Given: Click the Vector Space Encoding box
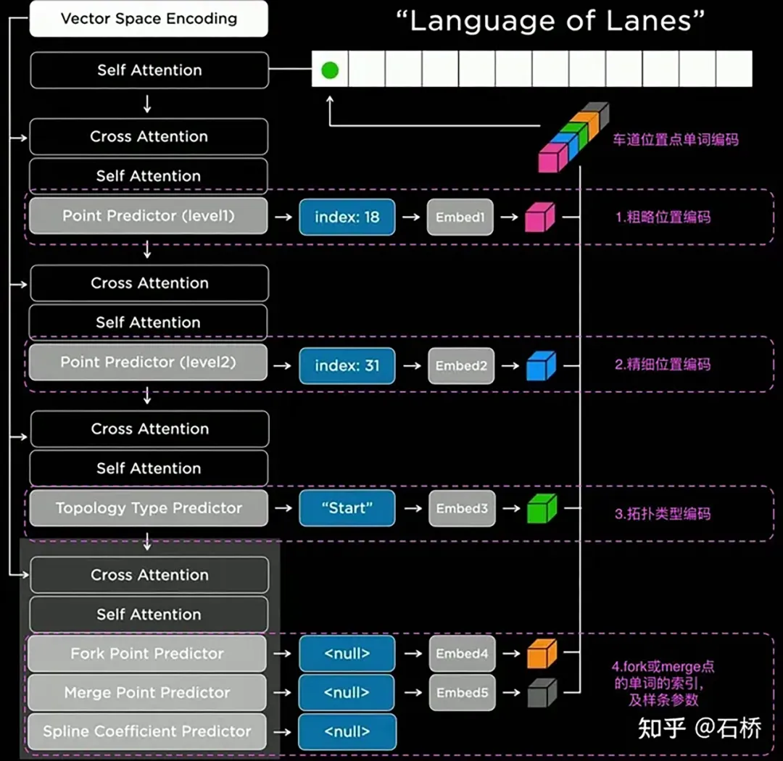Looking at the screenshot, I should tap(149, 19).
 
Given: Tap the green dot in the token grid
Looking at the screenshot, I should tap(330, 70).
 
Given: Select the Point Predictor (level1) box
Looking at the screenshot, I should tap(148, 216).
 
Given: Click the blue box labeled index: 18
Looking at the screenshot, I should tap(347, 217).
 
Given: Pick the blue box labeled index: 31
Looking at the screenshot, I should tap(347, 366).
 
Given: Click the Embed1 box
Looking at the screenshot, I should tap(460, 217).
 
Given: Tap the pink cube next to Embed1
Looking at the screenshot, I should tap(539, 217).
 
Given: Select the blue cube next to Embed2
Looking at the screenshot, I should tap(541, 366).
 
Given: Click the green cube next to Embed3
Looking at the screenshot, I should tap(541, 508).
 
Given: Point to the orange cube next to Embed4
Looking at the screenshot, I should tap(541, 653).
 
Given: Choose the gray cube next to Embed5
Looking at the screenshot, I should tap(541, 693).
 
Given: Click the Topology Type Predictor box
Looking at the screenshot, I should tap(149, 508).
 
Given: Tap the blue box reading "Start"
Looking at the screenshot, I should tap(347, 508).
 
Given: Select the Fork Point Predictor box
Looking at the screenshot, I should tap(147, 654).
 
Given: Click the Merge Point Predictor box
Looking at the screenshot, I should tap(147, 693).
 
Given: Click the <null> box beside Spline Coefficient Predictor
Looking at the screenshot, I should tap(347, 732).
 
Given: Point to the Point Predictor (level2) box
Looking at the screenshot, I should tap(148, 362).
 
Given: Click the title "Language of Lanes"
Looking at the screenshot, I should tap(550, 21).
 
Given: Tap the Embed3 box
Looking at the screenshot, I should tap(461, 508).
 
